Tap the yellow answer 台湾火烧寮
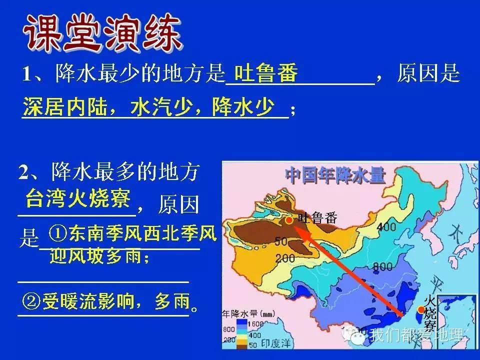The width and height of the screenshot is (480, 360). click(x=78, y=198)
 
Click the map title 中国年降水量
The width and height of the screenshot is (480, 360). click(x=335, y=175)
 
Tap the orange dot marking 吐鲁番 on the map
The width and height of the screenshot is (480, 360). click(x=289, y=220)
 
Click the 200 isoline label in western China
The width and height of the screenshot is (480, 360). click(x=284, y=258)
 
